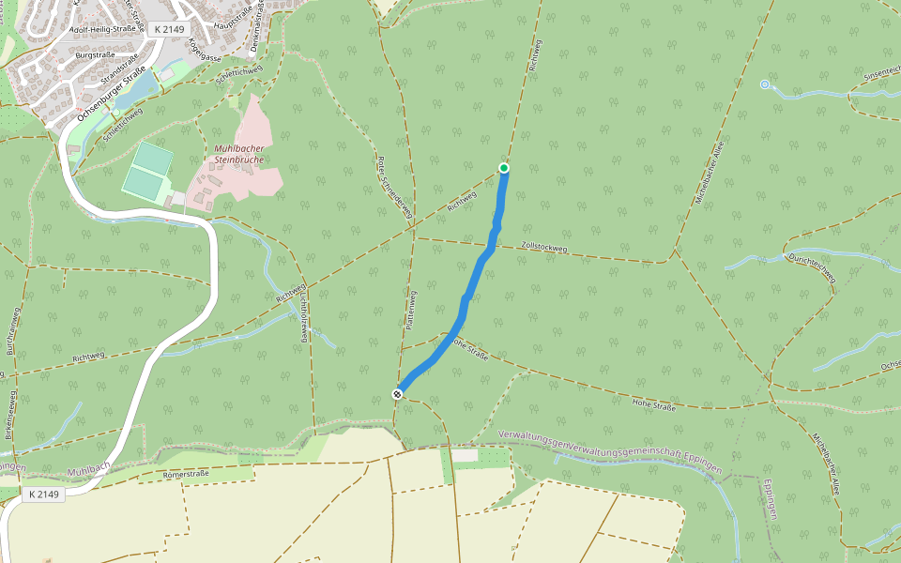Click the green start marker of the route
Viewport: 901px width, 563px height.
tap(504, 168)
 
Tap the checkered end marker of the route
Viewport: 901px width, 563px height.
tap(398, 394)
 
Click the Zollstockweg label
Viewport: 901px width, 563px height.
tap(543, 248)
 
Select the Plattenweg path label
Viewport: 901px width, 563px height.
tap(411, 309)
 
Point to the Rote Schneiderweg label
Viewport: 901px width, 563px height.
tap(394, 189)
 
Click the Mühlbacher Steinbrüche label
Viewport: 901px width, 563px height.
tap(235, 154)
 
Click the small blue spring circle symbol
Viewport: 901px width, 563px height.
tap(765, 85)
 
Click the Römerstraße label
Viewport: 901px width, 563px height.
tap(186, 474)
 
